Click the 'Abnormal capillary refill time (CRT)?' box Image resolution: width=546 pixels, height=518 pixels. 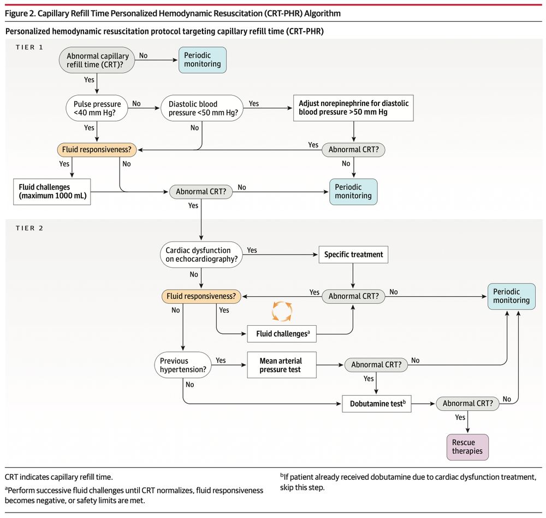point(98,60)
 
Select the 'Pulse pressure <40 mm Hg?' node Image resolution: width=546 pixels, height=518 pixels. point(97,108)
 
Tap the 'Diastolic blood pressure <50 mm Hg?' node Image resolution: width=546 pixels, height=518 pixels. point(201,108)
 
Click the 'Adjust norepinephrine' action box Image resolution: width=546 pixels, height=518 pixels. point(353,108)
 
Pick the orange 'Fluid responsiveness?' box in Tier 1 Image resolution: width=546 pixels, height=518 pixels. point(96,149)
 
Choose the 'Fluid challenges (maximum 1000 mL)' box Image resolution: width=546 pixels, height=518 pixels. point(52,192)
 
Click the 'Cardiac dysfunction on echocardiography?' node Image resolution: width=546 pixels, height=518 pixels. point(201,255)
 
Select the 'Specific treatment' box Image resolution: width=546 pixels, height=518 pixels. point(353,255)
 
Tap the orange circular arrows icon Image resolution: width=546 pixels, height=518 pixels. point(282,311)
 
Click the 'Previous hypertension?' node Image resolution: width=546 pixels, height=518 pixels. point(183,365)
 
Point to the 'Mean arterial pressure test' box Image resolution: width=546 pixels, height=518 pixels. point(281,365)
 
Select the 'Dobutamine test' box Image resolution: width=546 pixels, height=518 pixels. point(376,404)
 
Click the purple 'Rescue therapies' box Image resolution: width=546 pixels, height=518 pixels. point(464,446)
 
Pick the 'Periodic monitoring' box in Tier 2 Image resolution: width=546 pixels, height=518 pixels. point(511,296)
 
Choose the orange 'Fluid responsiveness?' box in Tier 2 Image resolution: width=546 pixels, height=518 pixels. point(201,296)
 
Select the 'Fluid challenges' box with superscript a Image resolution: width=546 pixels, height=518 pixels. point(282,333)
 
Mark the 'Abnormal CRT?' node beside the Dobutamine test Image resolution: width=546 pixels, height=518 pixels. point(468,404)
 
